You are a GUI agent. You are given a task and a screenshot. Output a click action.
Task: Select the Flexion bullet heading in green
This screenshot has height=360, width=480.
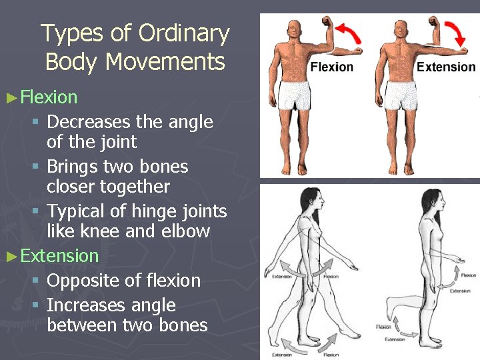(49, 97)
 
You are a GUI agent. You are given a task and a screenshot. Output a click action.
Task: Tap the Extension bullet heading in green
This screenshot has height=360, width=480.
(59, 255)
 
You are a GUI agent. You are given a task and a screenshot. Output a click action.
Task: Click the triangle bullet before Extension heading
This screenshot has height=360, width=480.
(11, 256)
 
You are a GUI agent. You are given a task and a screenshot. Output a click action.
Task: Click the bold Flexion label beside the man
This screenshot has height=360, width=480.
(332, 67)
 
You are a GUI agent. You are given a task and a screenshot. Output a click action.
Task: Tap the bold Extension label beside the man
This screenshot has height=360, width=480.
(445, 67)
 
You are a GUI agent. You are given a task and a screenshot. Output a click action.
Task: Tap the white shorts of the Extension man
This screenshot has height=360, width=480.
(399, 95)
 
